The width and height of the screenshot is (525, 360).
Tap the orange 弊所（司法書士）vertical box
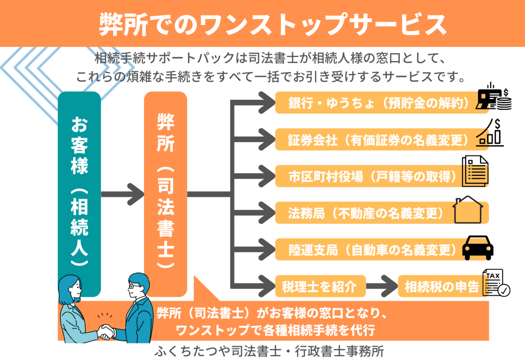coord(165,189)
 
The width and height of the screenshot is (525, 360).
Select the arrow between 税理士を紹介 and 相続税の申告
coord(381,286)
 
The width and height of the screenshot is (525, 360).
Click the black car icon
coord(478,248)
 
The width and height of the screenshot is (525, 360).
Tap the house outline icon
coord(468,210)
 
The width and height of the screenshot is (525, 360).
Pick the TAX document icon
coord(495,283)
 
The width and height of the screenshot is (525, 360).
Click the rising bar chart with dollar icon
coord(490,133)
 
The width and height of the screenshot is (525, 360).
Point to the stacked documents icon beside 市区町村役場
coord(475,172)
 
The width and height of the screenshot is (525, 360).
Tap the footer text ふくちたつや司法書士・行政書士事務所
coord(269,352)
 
